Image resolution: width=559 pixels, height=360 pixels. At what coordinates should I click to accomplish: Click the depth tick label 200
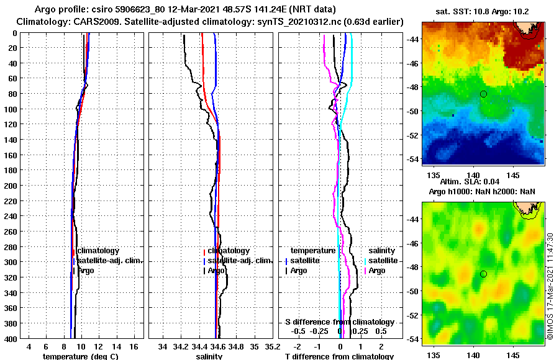[x=11, y=186]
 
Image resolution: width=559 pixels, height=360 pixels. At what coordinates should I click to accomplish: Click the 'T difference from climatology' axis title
[x=339, y=356]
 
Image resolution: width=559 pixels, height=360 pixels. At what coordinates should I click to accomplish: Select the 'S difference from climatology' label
[x=339, y=322]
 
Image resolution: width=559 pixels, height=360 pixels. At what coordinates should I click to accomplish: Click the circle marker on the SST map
[x=483, y=94]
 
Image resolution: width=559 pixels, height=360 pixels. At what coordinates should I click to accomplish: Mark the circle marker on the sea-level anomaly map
[x=483, y=274]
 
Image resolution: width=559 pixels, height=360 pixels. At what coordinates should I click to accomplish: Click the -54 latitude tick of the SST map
[x=413, y=160]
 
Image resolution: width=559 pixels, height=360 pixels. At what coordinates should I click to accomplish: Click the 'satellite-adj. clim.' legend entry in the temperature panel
[x=111, y=261]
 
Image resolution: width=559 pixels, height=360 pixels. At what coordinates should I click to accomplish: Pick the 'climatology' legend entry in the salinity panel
[x=229, y=250]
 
